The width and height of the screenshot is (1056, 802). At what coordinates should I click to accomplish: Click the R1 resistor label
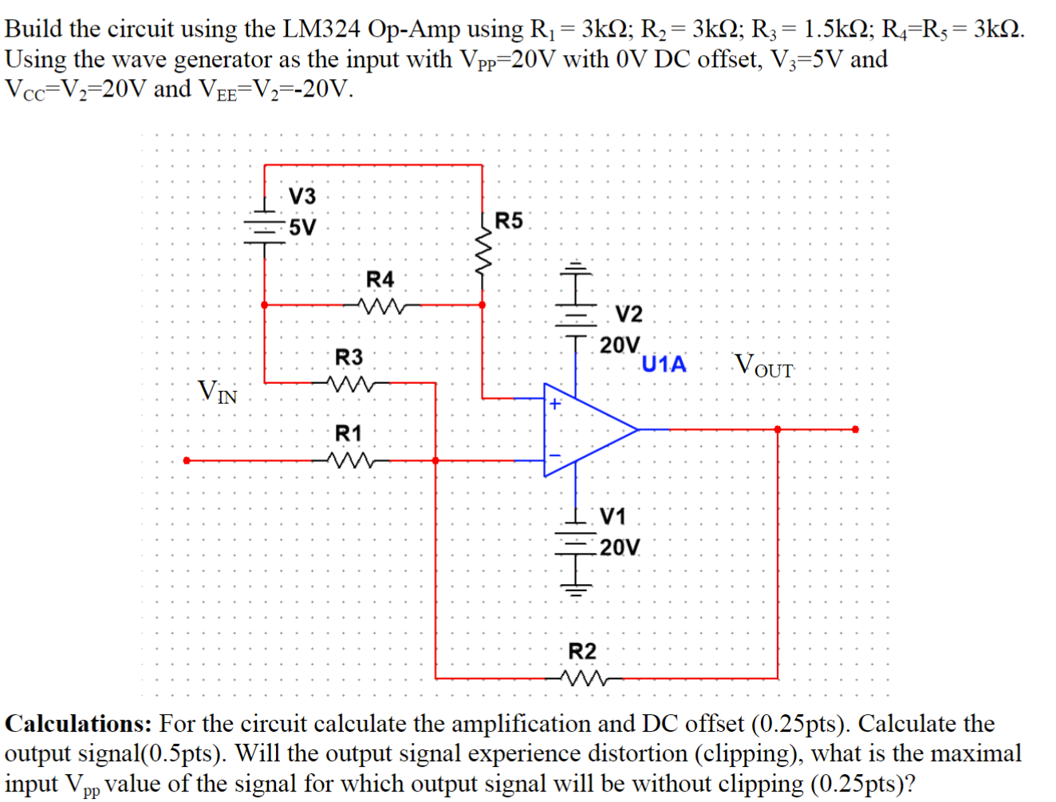[x=348, y=433]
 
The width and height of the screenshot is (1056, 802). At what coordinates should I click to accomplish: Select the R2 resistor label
[x=581, y=651]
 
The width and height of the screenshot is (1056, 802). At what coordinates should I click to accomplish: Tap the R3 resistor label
[x=348, y=357]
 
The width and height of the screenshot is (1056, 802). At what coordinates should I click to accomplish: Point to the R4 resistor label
[x=380, y=279]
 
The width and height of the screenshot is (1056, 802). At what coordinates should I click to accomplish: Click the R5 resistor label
[x=509, y=220]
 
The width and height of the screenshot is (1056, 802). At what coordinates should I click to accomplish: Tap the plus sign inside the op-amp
[x=555, y=404]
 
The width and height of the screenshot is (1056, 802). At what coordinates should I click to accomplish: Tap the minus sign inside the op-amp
[x=555, y=456]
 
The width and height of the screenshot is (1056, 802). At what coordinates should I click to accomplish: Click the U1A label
[x=664, y=364]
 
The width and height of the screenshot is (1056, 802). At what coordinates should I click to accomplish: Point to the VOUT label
[x=763, y=365]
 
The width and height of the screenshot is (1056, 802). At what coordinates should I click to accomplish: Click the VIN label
[x=218, y=392]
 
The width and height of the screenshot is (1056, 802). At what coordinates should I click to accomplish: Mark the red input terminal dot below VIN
[x=187, y=460]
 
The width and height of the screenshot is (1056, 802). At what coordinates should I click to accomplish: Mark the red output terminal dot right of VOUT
[x=855, y=429]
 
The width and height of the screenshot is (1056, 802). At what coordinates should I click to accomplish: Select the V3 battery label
[x=301, y=196]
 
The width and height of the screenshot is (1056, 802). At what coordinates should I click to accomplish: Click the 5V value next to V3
[x=302, y=227]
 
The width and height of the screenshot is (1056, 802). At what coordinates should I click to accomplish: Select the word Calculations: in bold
[x=78, y=724]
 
